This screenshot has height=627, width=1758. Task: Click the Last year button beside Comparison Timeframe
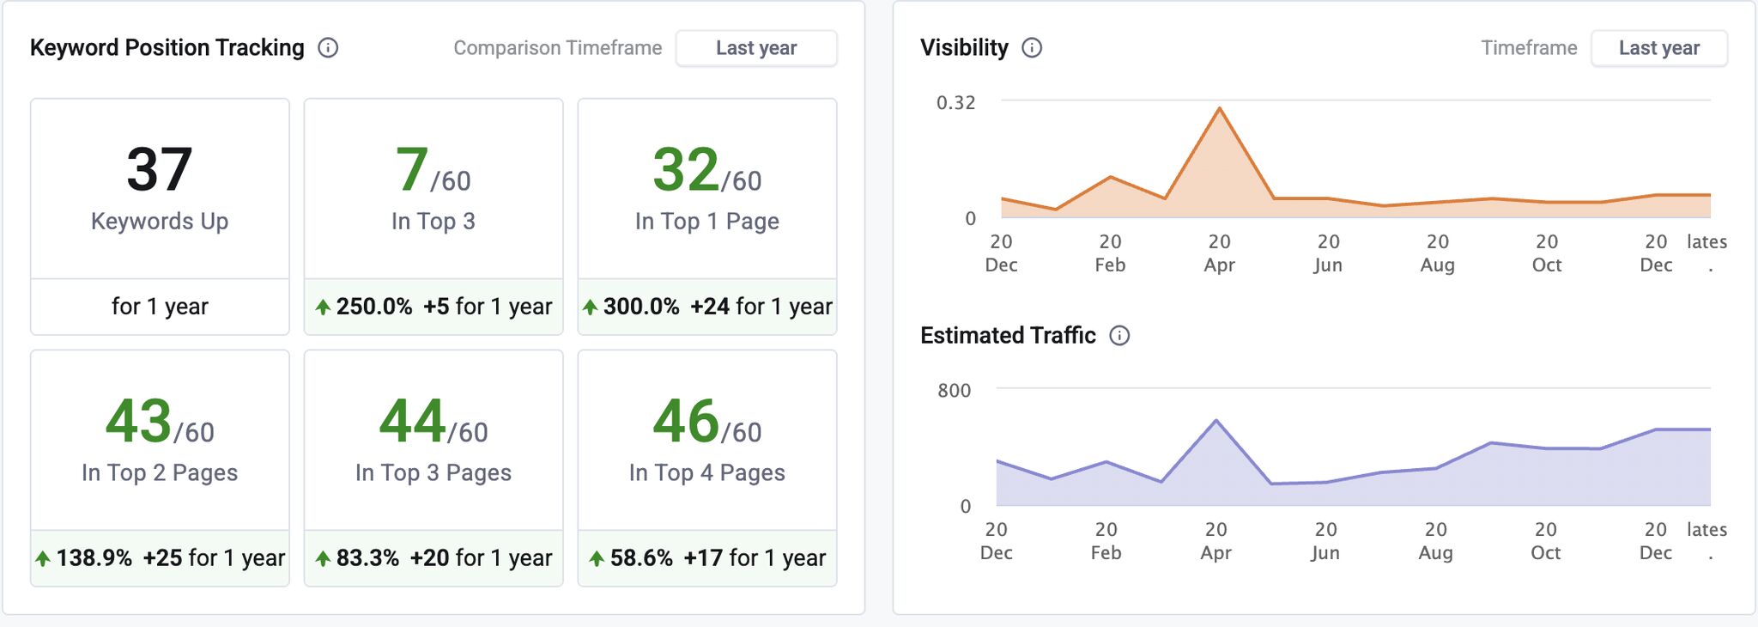pyautogui.click(x=756, y=48)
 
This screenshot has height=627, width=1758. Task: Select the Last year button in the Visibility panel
pyautogui.click(x=1658, y=48)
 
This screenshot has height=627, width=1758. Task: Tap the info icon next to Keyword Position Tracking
pyautogui.click(x=328, y=48)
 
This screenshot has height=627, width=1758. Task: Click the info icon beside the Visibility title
pyautogui.click(x=1032, y=48)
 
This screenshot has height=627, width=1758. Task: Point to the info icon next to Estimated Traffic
pyautogui.click(x=1119, y=336)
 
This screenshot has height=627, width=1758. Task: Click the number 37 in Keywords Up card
pyautogui.click(x=160, y=170)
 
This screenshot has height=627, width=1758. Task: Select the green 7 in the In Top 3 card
pyautogui.click(x=412, y=170)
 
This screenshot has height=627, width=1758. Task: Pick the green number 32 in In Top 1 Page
pyautogui.click(x=686, y=170)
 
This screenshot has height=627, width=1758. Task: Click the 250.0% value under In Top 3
pyautogui.click(x=374, y=307)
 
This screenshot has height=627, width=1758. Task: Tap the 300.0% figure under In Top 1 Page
pyautogui.click(x=641, y=307)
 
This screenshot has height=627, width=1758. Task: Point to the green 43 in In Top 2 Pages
pyautogui.click(x=138, y=422)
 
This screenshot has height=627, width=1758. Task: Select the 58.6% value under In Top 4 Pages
pyautogui.click(x=641, y=558)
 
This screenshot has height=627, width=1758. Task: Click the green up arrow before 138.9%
pyautogui.click(x=43, y=559)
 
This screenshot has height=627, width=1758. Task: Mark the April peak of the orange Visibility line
pyautogui.click(x=1219, y=108)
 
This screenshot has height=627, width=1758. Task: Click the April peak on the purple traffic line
pyautogui.click(x=1216, y=420)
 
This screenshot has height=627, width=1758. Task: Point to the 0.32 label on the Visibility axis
pyautogui.click(x=955, y=103)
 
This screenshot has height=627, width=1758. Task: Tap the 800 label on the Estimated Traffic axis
pyautogui.click(x=954, y=391)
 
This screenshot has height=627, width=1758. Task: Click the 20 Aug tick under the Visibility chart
pyautogui.click(x=1437, y=253)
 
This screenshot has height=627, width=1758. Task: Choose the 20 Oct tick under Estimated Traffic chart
pyautogui.click(x=1545, y=541)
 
